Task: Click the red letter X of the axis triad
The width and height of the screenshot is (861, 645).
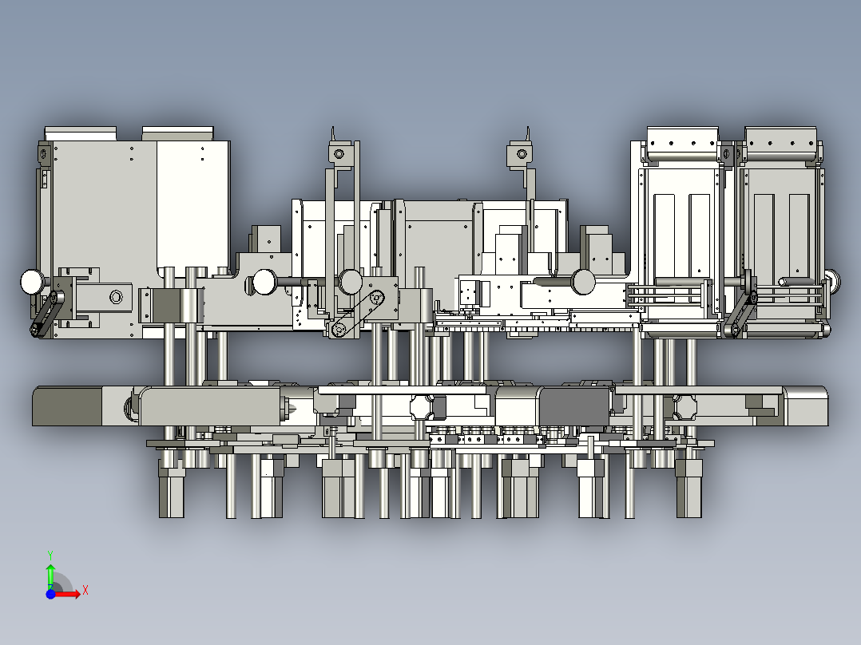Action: tap(85, 591)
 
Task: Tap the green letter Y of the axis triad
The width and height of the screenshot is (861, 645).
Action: tap(50, 556)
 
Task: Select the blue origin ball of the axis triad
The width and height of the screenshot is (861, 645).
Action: tap(50, 594)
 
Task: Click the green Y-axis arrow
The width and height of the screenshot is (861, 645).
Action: tap(50, 576)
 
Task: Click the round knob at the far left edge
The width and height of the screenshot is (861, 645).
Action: tap(32, 282)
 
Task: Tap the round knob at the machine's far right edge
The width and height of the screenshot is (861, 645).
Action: tap(833, 280)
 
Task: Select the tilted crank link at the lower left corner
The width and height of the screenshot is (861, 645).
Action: tap(46, 314)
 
